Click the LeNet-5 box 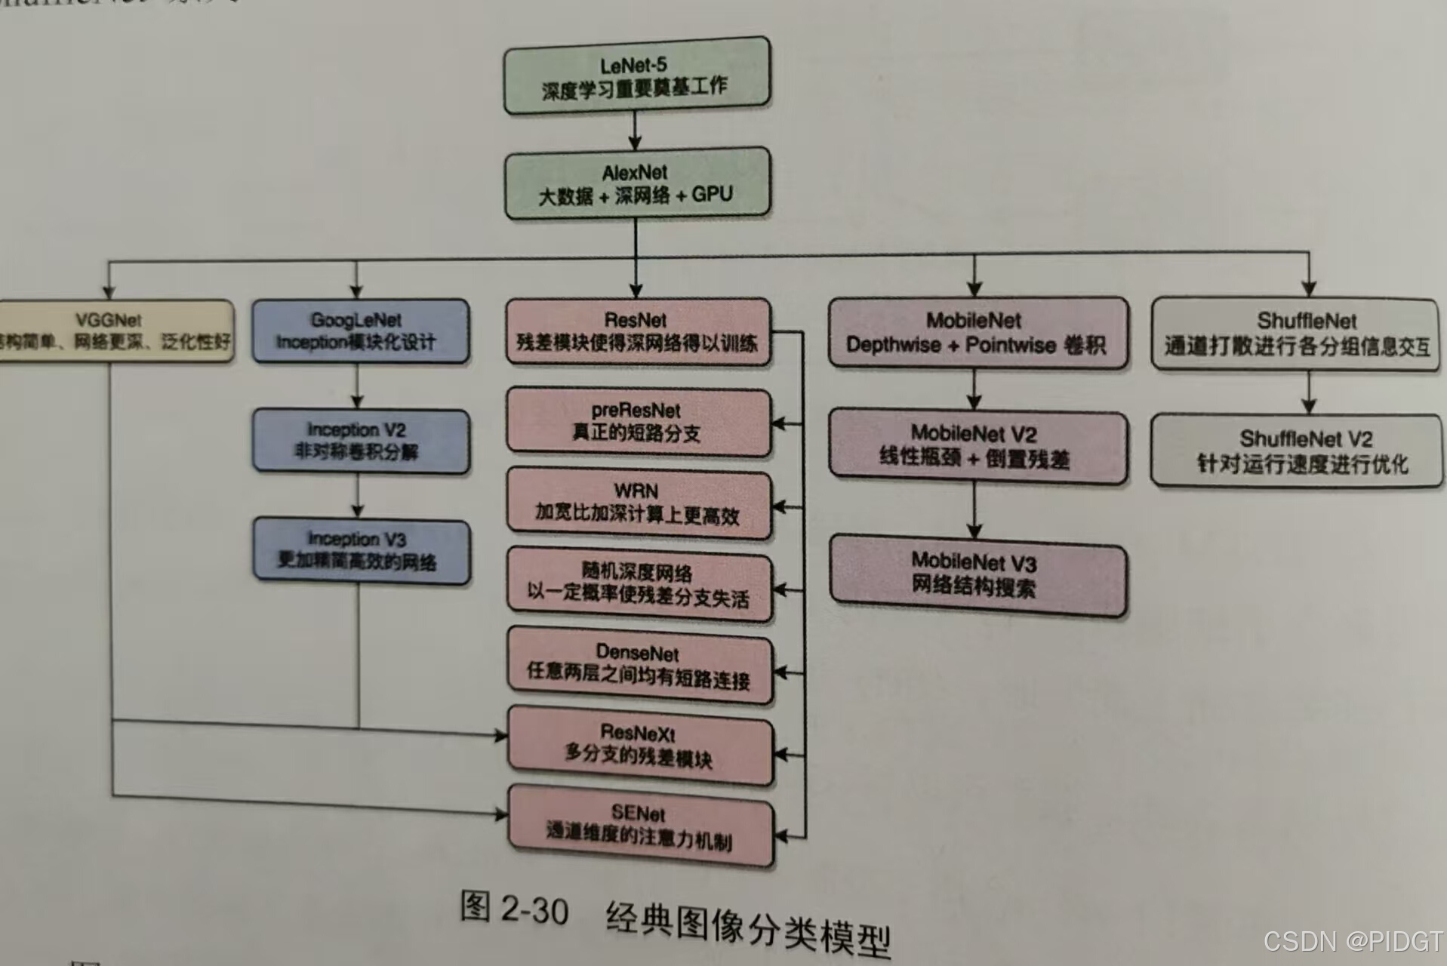click(636, 76)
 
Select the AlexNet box click(636, 183)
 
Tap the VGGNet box click(113, 331)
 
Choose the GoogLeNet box click(359, 331)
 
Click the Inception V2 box click(359, 441)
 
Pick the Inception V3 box click(361, 551)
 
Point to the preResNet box click(638, 422)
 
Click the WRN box click(639, 504)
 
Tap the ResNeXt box click(640, 746)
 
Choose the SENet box click(641, 826)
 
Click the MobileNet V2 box click(977, 446)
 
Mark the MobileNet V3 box click(977, 574)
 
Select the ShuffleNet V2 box click(1297, 451)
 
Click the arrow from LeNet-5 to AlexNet click(635, 131)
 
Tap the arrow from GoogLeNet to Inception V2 click(357, 386)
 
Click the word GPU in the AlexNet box click(712, 194)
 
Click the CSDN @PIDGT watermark click(1353, 941)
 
